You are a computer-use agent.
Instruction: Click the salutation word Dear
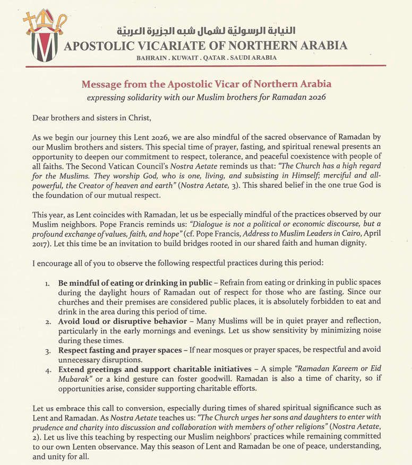[42, 117]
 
